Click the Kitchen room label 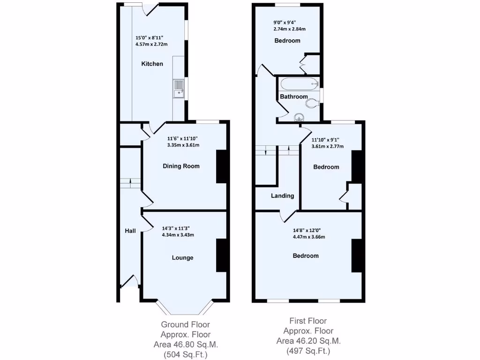coord(152,64)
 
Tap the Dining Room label coord(181,166)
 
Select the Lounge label coord(182,257)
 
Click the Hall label coord(130,231)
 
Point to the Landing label coord(282,196)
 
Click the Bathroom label coord(293,97)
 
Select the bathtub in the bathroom coord(299,85)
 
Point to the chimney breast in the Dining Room coord(221,166)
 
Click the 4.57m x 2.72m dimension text coord(151,44)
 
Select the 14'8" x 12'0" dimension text coord(307,230)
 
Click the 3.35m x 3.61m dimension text coord(183,145)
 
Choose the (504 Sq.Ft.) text coord(185,355)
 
